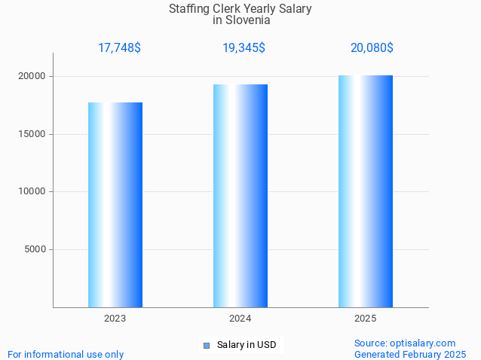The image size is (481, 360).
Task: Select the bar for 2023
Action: (x=115, y=205)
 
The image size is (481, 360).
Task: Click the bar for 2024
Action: (x=240, y=196)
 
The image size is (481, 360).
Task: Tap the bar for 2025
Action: (x=366, y=191)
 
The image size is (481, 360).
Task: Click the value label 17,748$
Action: (x=119, y=48)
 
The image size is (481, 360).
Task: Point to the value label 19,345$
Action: (x=244, y=48)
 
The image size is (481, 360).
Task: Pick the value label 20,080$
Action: (x=372, y=48)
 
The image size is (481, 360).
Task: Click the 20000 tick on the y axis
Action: (x=32, y=77)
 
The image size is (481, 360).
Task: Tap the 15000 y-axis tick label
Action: (x=32, y=134)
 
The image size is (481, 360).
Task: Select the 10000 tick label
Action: (x=32, y=192)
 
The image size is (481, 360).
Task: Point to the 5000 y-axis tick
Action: (x=35, y=249)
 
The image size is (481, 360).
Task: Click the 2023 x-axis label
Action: (x=115, y=319)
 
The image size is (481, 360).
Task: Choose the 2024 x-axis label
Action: (x=240, y=319)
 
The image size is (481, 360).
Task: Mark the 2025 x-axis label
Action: (x=366, y=319)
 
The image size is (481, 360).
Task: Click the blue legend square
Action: (x=206, y=346)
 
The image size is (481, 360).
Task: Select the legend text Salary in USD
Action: (x=247, y=345)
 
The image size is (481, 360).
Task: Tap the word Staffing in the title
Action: (x=190, y=9)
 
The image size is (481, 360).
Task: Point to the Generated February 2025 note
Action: (x=409, y=354)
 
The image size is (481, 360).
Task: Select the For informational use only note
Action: (x=66, y=354)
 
